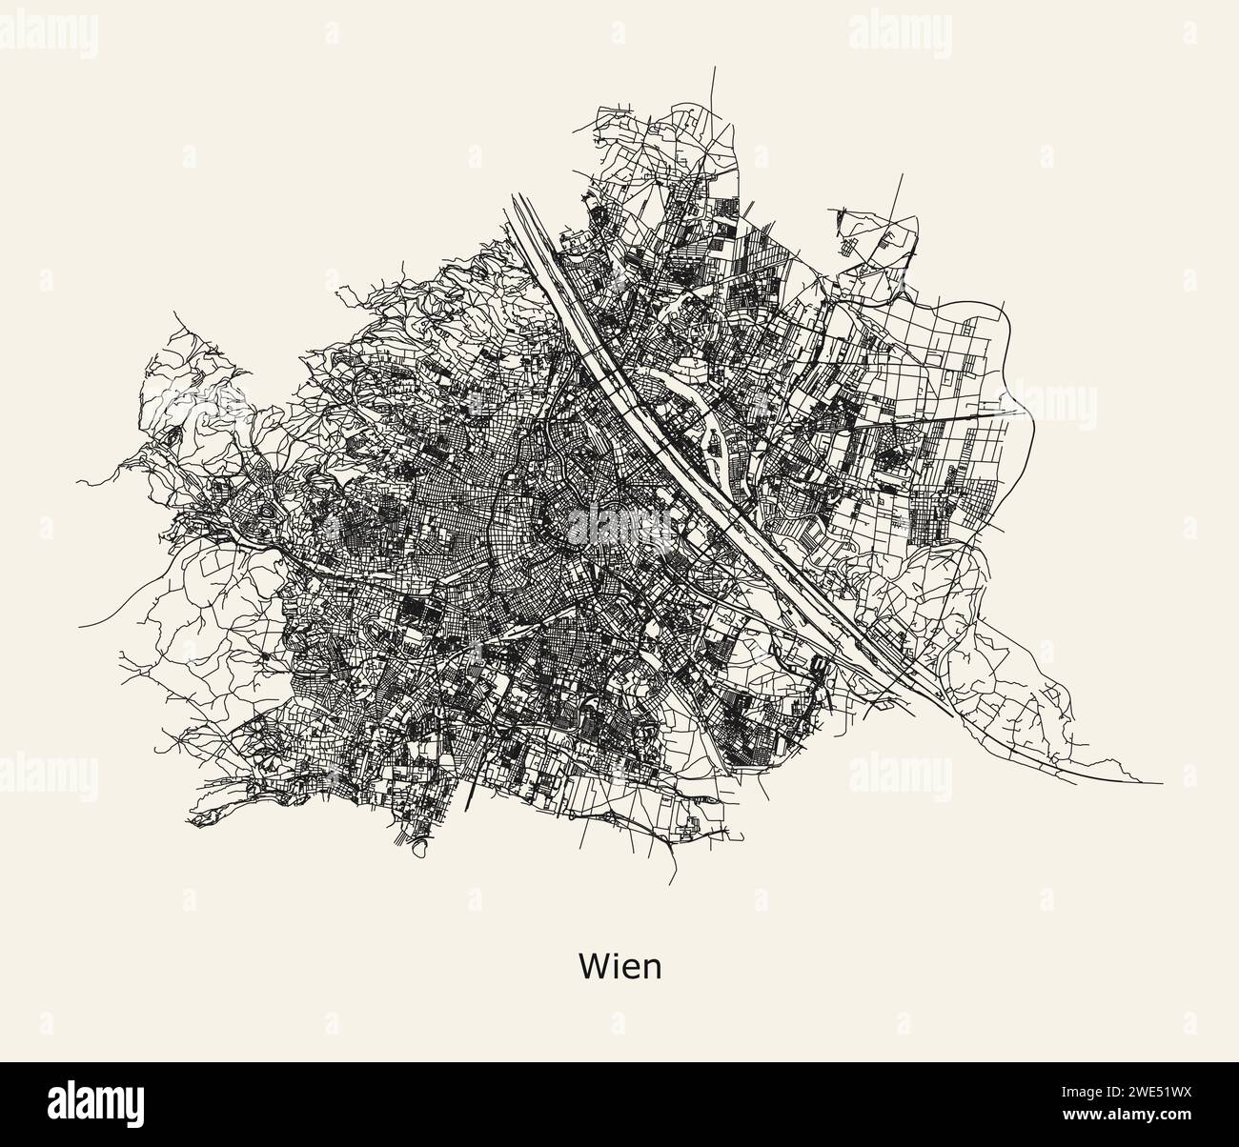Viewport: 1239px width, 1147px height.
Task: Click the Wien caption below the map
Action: tap(619, 967)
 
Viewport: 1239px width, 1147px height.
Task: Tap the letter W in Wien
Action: tap(592, 967)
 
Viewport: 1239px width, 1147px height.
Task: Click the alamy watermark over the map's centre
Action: tap(619, 523)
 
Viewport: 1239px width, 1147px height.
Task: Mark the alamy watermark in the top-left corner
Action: tap(48, 34)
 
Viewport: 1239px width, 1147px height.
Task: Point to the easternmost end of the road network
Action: tap(1162, 783)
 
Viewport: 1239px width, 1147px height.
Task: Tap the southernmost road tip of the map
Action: tap(673, 885)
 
